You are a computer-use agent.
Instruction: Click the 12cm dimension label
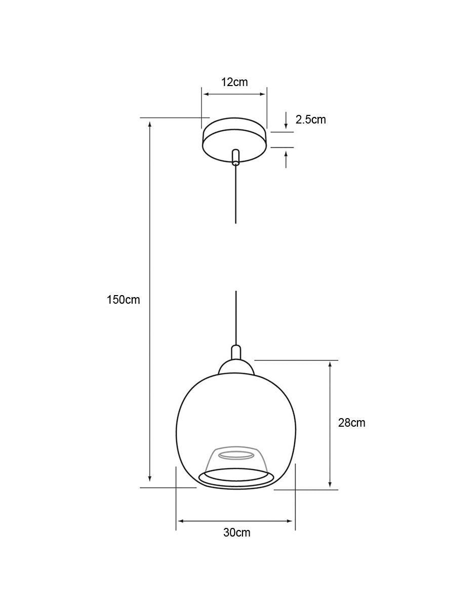[x=234, y=82]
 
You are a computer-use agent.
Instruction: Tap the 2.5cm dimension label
[x=310, y=120]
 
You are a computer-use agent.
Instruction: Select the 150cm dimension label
[x=123, y=300]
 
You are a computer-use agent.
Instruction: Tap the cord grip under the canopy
[x=235, y=157]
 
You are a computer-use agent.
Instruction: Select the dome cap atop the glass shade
[x=236, y=367]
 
